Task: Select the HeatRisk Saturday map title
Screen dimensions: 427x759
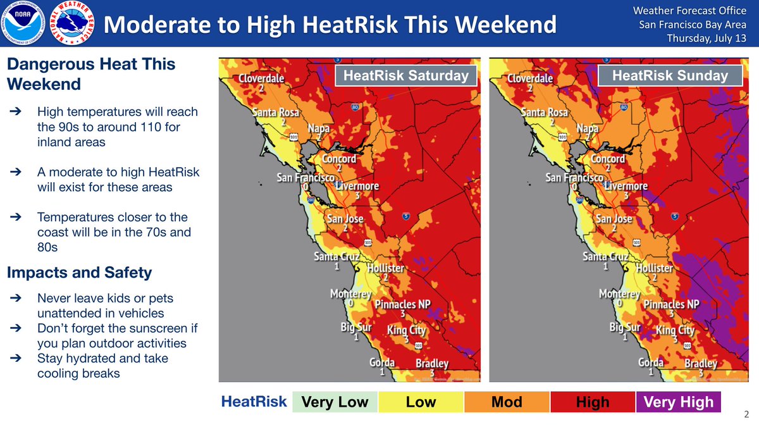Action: coord(405,77)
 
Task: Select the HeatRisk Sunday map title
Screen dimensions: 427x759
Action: coord(670,77)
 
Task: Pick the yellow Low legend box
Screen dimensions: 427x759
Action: coord(421,402)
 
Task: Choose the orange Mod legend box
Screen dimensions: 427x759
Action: coord(507,402)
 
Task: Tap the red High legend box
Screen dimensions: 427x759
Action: coord(593,402)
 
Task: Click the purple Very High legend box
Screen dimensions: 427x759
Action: coord(679,402)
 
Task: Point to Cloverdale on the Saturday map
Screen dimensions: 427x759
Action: coord(261,79)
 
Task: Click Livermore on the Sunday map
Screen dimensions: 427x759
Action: coord(626,187)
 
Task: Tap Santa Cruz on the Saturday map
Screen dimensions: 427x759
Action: coord(337,257)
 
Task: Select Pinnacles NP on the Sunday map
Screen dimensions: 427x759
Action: coord(671,304)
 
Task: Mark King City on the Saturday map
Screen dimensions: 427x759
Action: coord(406,330)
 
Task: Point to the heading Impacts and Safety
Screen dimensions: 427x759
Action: coord(79,273)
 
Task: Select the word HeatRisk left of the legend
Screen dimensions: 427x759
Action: coord(254,402)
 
